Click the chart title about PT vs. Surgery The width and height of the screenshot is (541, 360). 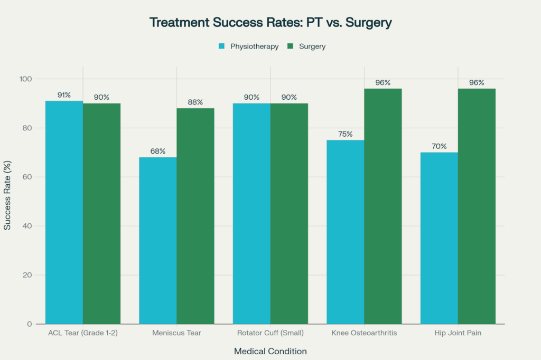point(270,23)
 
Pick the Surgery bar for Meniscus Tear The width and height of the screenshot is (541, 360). point(195,216)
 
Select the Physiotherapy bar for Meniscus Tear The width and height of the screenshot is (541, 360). point(157,240)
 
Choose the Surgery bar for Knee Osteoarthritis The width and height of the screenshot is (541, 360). point(383,206)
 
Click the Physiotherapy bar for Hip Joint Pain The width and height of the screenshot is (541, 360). point(439,238)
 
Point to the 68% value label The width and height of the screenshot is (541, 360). point(157,151)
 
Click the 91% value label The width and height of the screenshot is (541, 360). point(64,95)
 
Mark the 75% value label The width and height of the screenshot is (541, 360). point(346,134)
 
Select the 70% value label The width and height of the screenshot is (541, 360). point(439,146)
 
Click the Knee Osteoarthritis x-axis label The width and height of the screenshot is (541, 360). point(364,334)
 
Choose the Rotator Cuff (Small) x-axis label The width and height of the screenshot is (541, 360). point(270,334)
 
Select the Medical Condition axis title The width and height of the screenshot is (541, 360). point(270,351)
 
